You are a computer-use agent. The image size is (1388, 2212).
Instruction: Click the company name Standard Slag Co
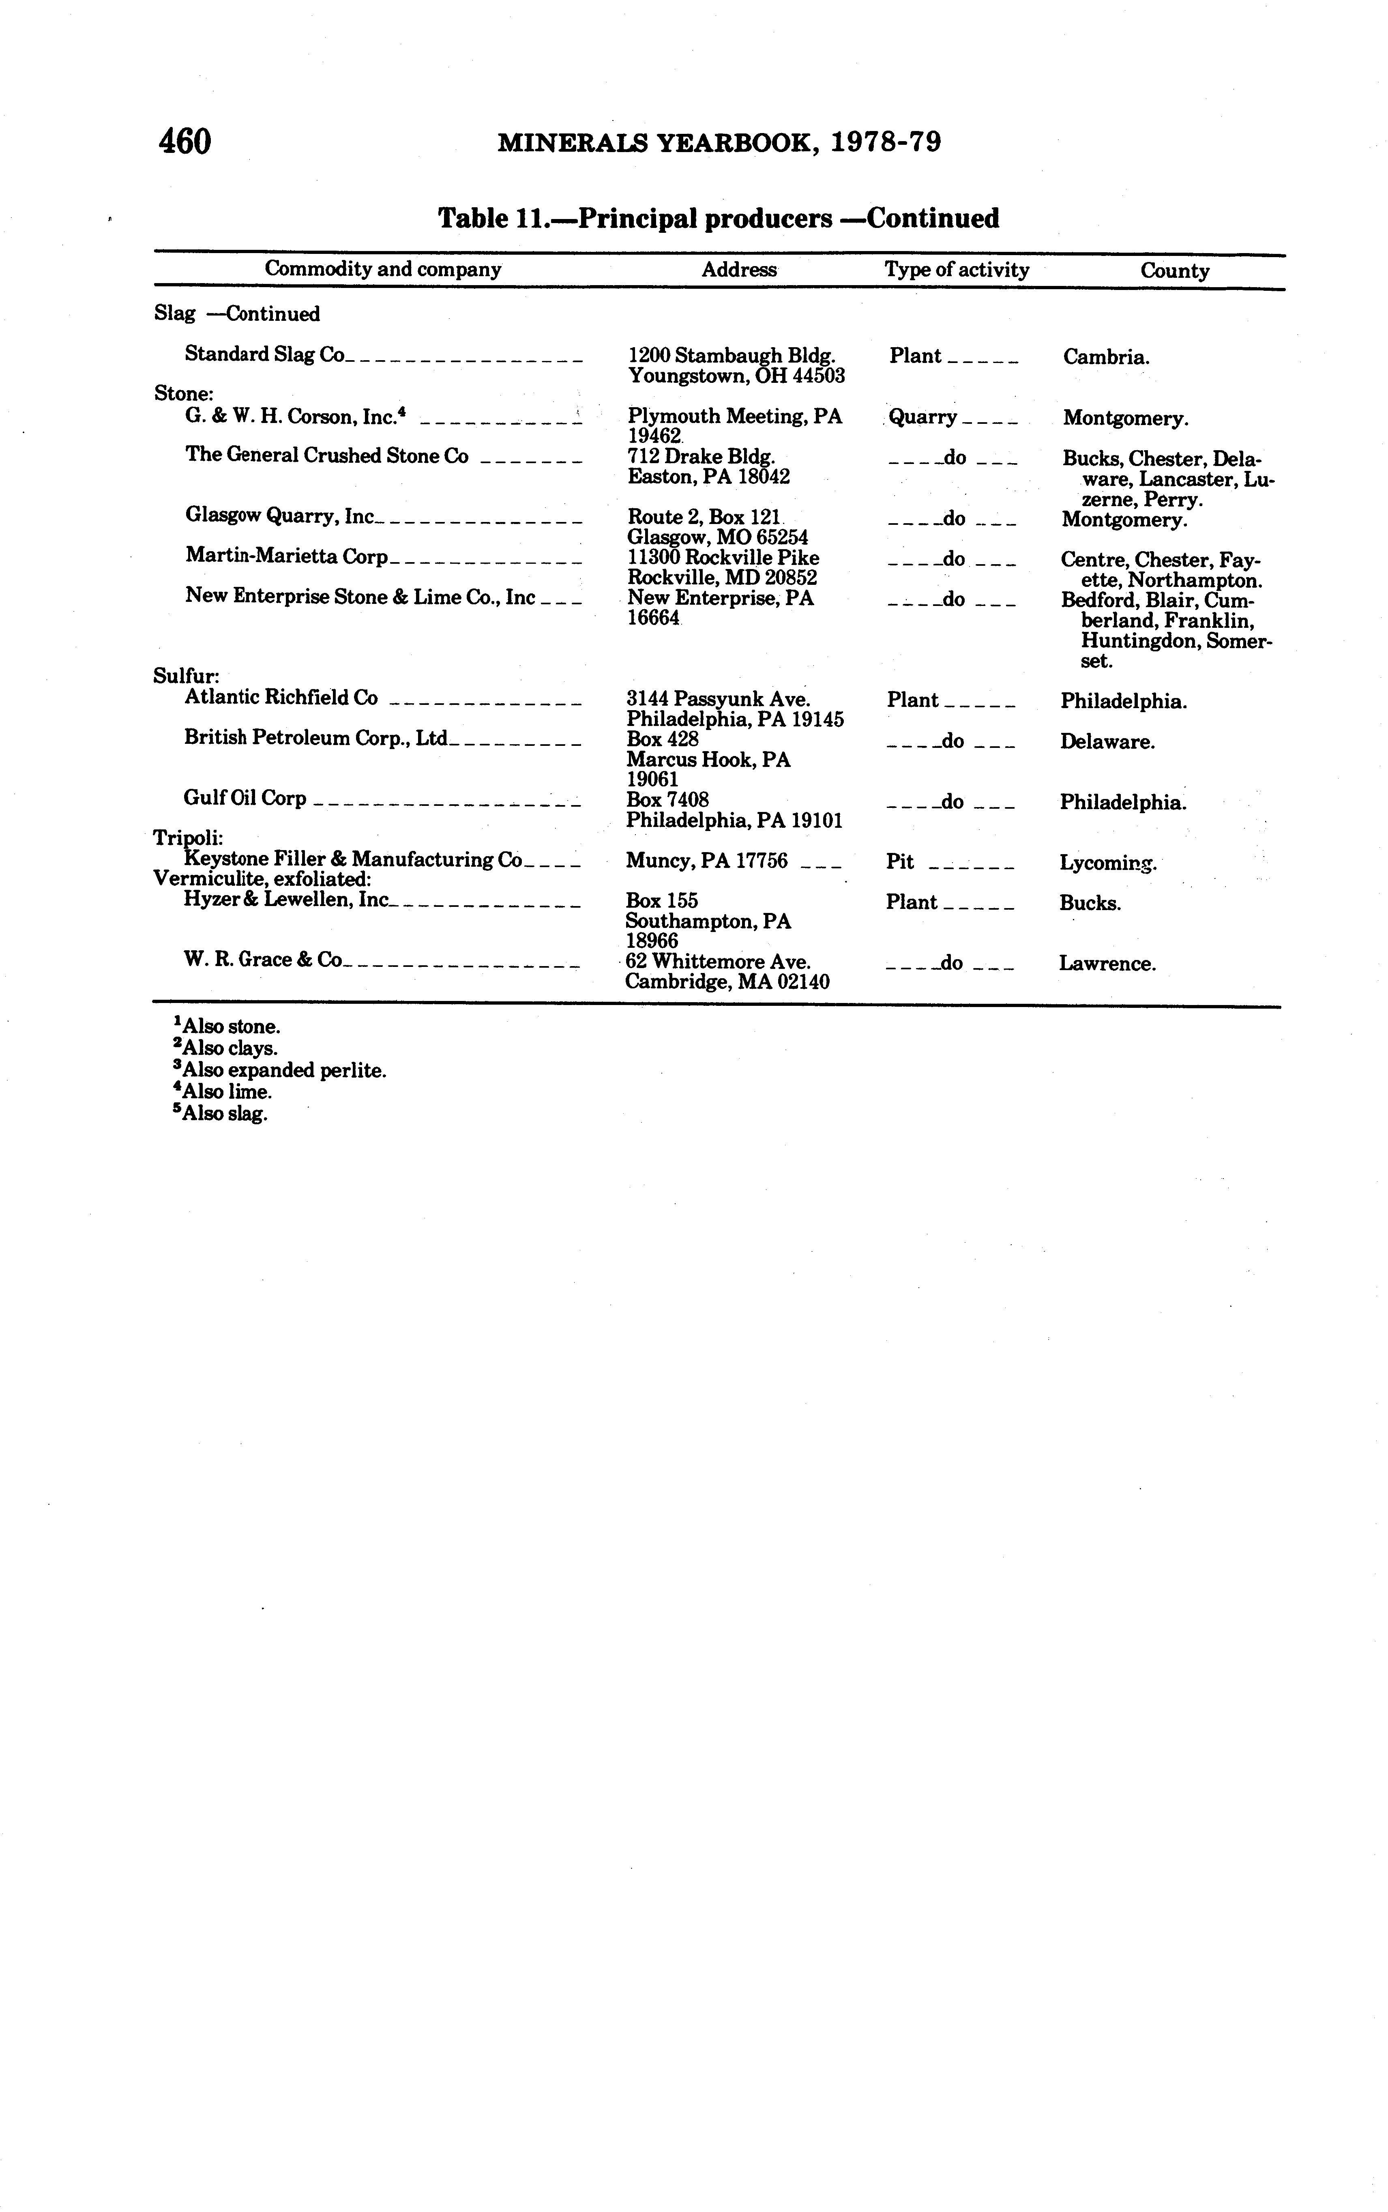[x=264, y=354]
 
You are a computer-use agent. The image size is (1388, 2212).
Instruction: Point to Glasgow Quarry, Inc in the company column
[x=280, y=516]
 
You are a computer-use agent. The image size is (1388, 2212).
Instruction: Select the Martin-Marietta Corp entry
[x=286, y=556]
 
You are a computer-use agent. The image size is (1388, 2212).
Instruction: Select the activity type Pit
[x=900, y=861]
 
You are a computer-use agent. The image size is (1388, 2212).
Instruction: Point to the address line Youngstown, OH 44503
[x=736, y=376]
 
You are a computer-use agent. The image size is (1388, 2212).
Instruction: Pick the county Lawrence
[x=1107, y=964]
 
